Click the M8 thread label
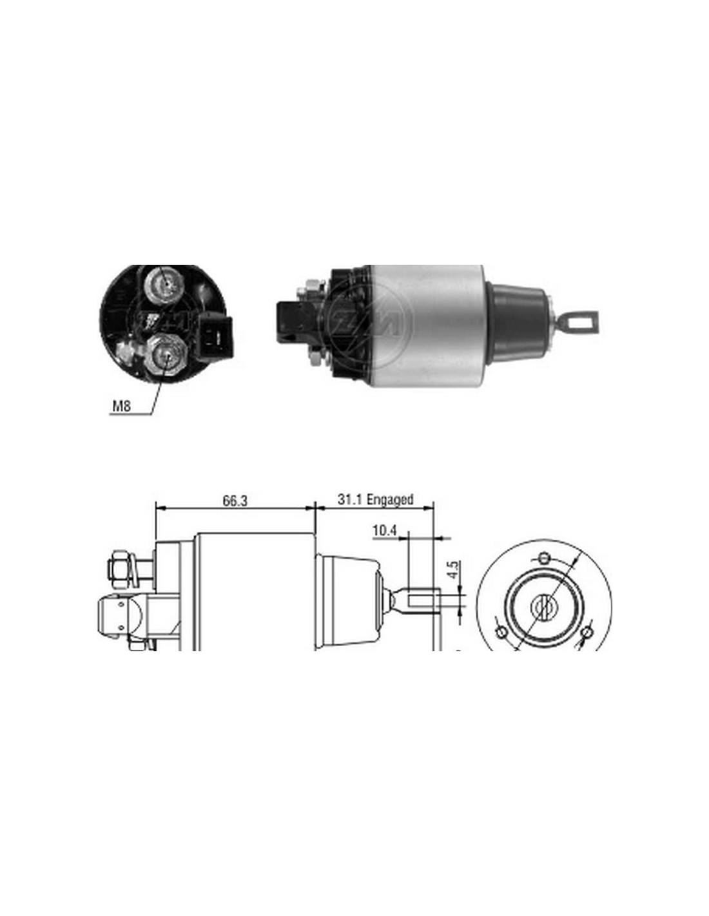[121, 406]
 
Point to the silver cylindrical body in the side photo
[426, 327]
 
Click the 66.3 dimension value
[235, 501]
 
